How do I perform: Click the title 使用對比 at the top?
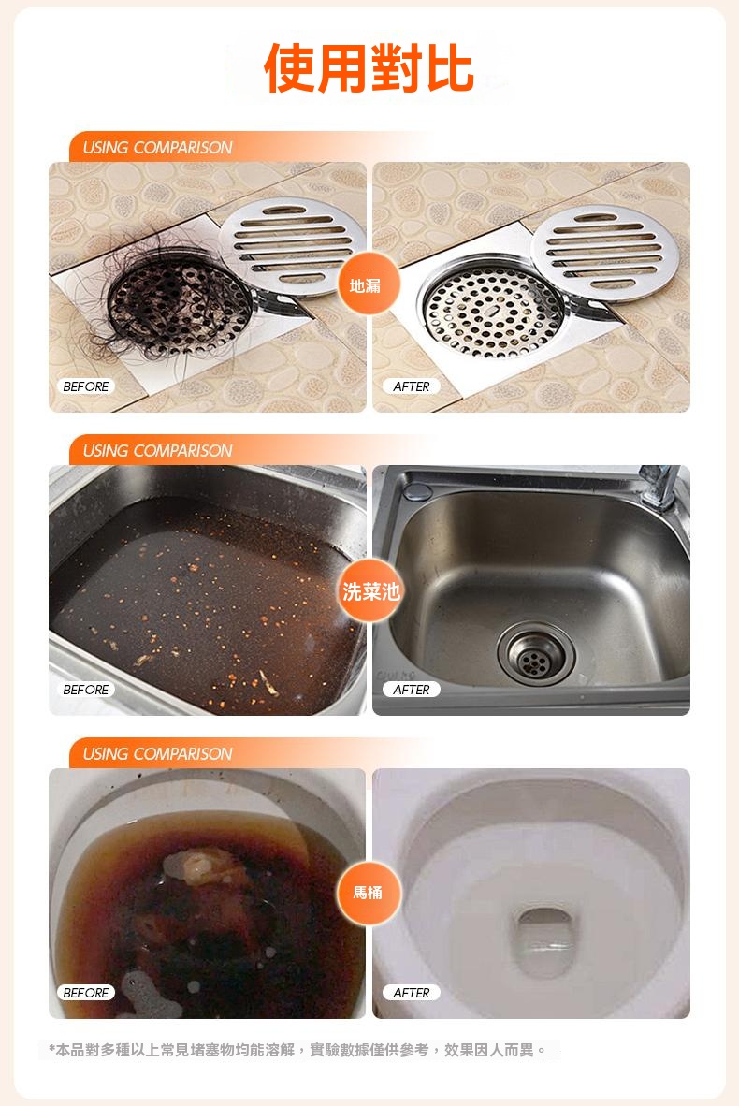(369, 68)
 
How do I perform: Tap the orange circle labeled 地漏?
(365, 285)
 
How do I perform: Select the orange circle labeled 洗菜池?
(369, 590)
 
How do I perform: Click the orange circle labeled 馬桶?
(368, 893)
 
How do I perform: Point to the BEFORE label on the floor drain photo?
(86, 386)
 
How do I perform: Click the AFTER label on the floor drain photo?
(411, 386)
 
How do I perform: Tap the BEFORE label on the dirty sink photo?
(86, 690)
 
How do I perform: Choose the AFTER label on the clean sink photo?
(411, 690)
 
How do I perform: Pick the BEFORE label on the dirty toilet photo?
(86, 993)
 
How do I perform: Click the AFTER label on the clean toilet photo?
(411, 993)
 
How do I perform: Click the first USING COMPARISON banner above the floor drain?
(157, 148)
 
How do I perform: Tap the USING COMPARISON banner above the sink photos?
(157, 451)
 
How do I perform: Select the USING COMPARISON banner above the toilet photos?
(157, 754)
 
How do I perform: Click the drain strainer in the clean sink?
(536, 654)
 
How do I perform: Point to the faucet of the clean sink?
(660, 486)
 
